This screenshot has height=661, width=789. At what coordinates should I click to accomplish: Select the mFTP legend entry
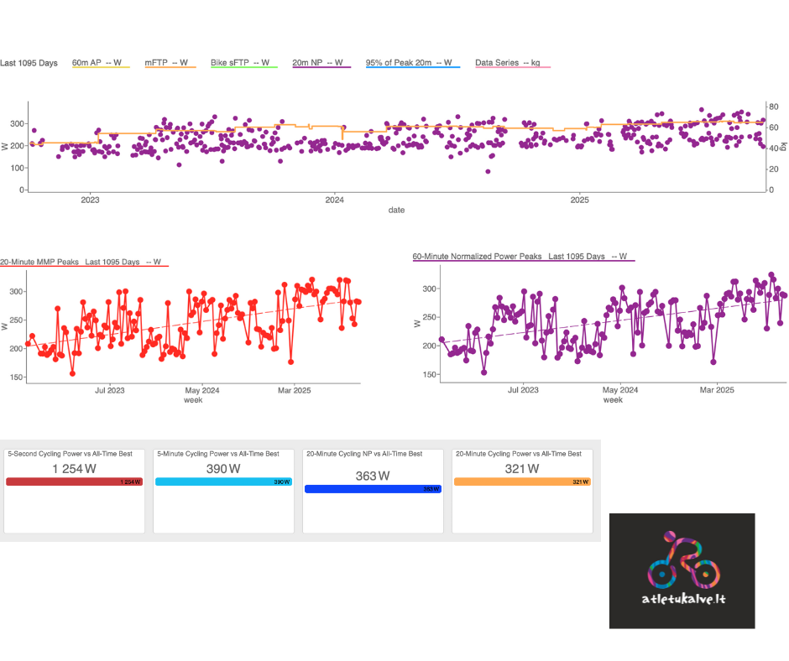tap(170, 63)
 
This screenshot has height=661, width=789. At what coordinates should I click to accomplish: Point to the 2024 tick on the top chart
tap(334, 200)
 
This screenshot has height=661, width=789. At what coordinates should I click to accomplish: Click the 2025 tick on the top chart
tap(579, 200)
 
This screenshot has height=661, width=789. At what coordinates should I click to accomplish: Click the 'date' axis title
tap(396, 210)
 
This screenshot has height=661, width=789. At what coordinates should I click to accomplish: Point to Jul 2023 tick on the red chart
tap(110, 390)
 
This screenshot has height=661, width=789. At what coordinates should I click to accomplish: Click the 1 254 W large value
tap(74, 469)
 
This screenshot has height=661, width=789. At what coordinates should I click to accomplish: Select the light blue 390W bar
tap(223, 482)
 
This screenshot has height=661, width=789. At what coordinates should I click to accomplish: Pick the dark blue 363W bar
tap(373, 488)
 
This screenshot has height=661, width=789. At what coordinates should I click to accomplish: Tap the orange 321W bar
tap(522, 482)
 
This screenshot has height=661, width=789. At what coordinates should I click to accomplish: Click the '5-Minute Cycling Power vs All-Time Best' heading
tap(218, 454)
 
